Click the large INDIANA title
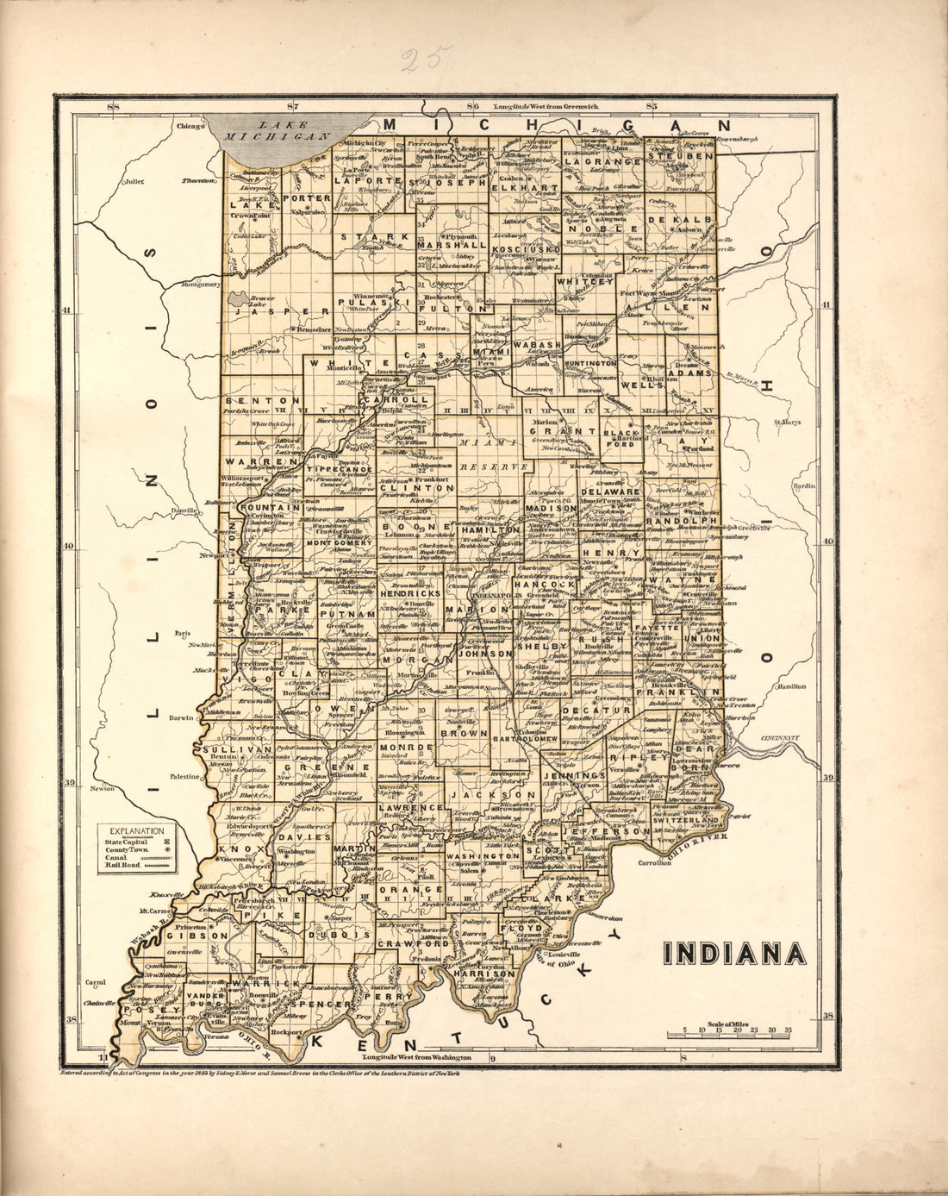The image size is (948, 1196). click(x=735, y=953)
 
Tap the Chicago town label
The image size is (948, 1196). click(x=190, y=126)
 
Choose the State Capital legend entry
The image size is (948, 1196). click(x=126, y=841)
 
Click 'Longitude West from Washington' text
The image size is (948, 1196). click(x=417, y=1056)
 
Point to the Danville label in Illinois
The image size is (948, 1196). click(x=181, y=510)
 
